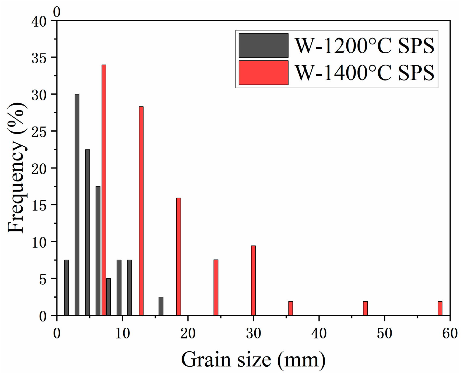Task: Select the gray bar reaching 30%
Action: (x=77, y=205)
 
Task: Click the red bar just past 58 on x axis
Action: (x=440, y=308)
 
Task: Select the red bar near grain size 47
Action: (x=365, y=308)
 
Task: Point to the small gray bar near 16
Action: (x=161, y=306)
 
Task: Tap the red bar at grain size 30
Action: (x=253, y=280)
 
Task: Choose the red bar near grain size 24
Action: (x=216, y=287)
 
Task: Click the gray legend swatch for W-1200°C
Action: (x=263, y=45)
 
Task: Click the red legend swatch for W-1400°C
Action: (x=263, y=73)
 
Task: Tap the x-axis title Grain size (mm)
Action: (x=253, y=360)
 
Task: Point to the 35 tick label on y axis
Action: (x=39, y=58)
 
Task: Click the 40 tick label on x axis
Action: (x=319, y=334)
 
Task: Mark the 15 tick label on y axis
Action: (x=39, y=205)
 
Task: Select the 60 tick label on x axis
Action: (x=449, y=334)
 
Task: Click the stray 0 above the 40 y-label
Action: (x=57, y=12)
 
